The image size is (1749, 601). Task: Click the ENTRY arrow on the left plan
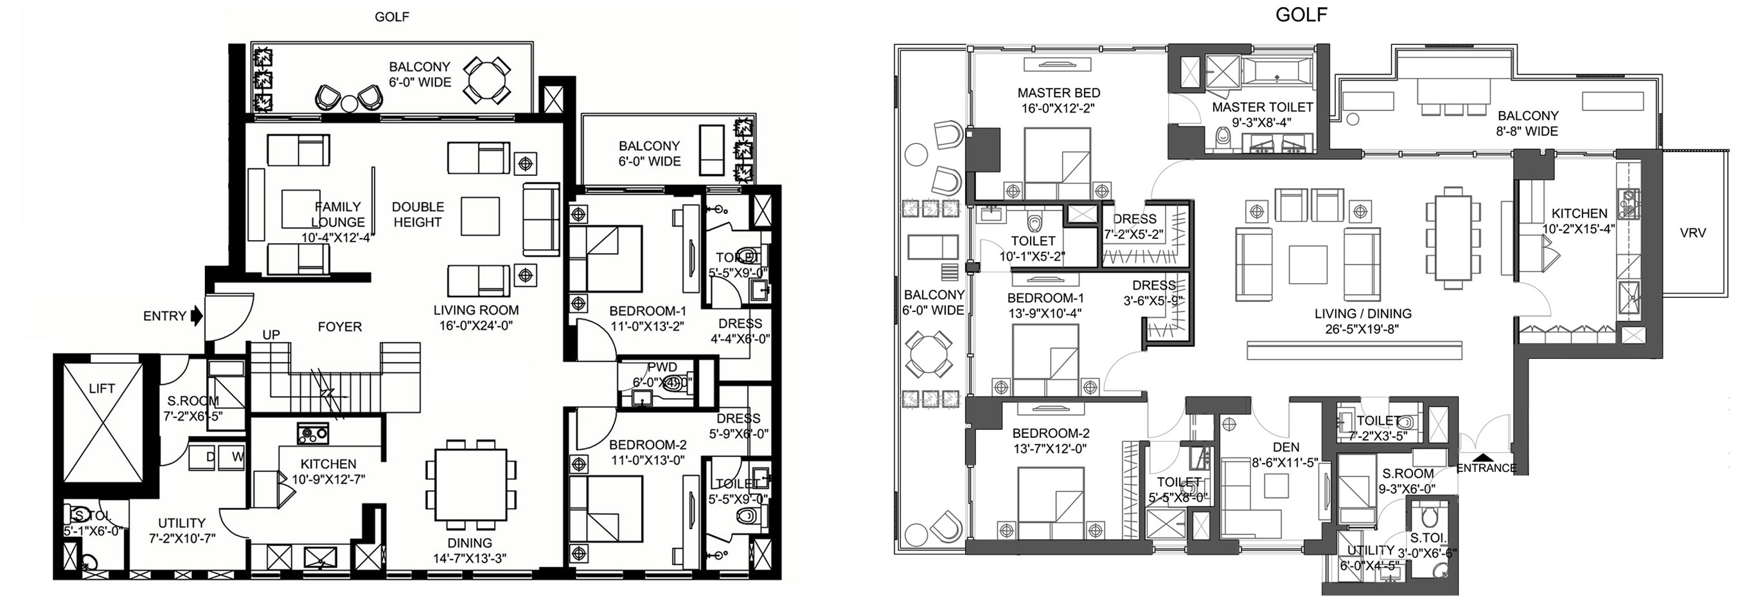[x=197, y=315]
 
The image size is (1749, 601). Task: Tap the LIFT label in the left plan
[x=102, y=388]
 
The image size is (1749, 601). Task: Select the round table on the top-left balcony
[x=486, y=80]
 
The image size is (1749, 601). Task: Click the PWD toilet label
[x=661, y=367]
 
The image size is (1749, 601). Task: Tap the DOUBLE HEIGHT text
[x=418, y=214]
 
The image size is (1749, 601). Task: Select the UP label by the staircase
[x=271, y=335]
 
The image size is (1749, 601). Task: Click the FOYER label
[x=339, y=327]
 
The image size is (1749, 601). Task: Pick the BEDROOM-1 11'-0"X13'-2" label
[x=647, y=318]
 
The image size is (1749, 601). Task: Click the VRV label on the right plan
[x=1692, y=232]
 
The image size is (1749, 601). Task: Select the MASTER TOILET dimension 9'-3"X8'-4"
[x=1261, y=123]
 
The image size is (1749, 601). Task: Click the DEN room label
[x=1286, y=447]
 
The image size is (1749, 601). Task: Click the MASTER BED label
[x=1058, y=93]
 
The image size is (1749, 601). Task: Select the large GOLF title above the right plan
[x=1301, y=15]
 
